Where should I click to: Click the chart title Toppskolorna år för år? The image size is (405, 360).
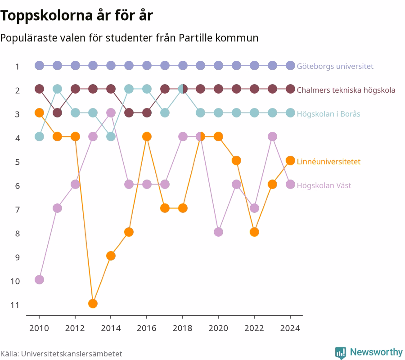[76, 15]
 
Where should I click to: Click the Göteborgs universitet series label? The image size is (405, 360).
[335, 66]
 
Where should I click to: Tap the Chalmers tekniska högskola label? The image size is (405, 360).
[346, 90]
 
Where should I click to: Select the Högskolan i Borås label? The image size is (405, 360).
[328, 114]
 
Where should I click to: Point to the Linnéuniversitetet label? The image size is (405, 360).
[328, 162]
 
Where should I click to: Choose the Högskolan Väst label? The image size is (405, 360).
[324, 185]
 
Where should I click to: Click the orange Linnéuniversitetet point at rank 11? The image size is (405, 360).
[93, 303]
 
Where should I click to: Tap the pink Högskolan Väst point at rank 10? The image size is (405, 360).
[39, 280]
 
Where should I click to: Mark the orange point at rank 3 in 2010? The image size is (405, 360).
[39, 113]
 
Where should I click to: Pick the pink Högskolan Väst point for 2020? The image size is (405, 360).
[219, 232]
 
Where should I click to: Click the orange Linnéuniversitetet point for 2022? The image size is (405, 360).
[254, 232]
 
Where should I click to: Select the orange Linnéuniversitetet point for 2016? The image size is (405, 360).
[147, 137]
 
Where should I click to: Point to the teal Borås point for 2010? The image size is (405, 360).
[39, 137]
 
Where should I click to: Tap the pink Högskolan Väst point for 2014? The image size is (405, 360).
[111, 113]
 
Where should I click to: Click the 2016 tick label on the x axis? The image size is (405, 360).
[147, 328]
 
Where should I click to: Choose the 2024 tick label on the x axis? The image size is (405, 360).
[290, 328]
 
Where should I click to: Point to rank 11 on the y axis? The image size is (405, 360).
[15, 305]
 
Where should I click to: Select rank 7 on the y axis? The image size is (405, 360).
[17, 210]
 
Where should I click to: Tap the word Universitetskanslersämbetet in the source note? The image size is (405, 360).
[72, 354]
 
